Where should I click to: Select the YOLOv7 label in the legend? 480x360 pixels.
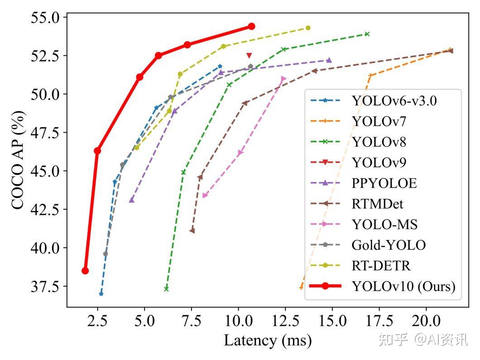[x=379, y=121]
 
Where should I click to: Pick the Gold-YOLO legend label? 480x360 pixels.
[x=389, y=245]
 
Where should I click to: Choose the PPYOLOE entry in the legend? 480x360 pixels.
[x=384, y=183]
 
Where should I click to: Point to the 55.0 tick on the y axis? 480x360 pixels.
[x=45, y=18]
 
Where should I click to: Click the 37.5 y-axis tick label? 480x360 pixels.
[x=45, y=286]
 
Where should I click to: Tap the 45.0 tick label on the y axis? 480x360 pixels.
[x=45, y=171]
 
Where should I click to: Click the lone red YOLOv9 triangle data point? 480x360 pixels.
[x=249, y=55]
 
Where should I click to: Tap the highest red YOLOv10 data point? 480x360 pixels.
[x=251, y=26]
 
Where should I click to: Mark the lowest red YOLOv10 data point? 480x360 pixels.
[x=85, y=271]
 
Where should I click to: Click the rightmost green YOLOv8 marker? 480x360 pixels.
[x=367, y=34]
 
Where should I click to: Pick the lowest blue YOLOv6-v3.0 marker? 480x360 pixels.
[x=101, y=294]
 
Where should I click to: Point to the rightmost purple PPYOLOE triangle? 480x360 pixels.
[x=329, y=60]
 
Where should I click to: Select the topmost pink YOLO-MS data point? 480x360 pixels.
[x=283, y=79]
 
